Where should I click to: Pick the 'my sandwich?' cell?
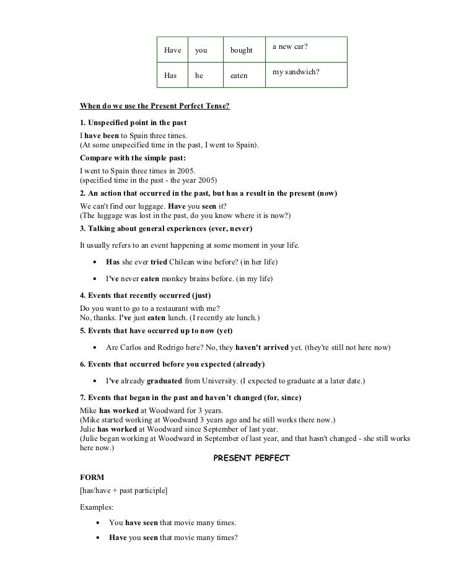tap(306, 73)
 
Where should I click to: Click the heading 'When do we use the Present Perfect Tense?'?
tap(155, 106)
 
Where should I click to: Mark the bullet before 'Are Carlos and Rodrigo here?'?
tap(95, 347)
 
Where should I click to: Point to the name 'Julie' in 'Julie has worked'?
tap(88, 429)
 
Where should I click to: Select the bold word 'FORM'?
tap(92, 477)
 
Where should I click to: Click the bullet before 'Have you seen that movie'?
tap(99, 538)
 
